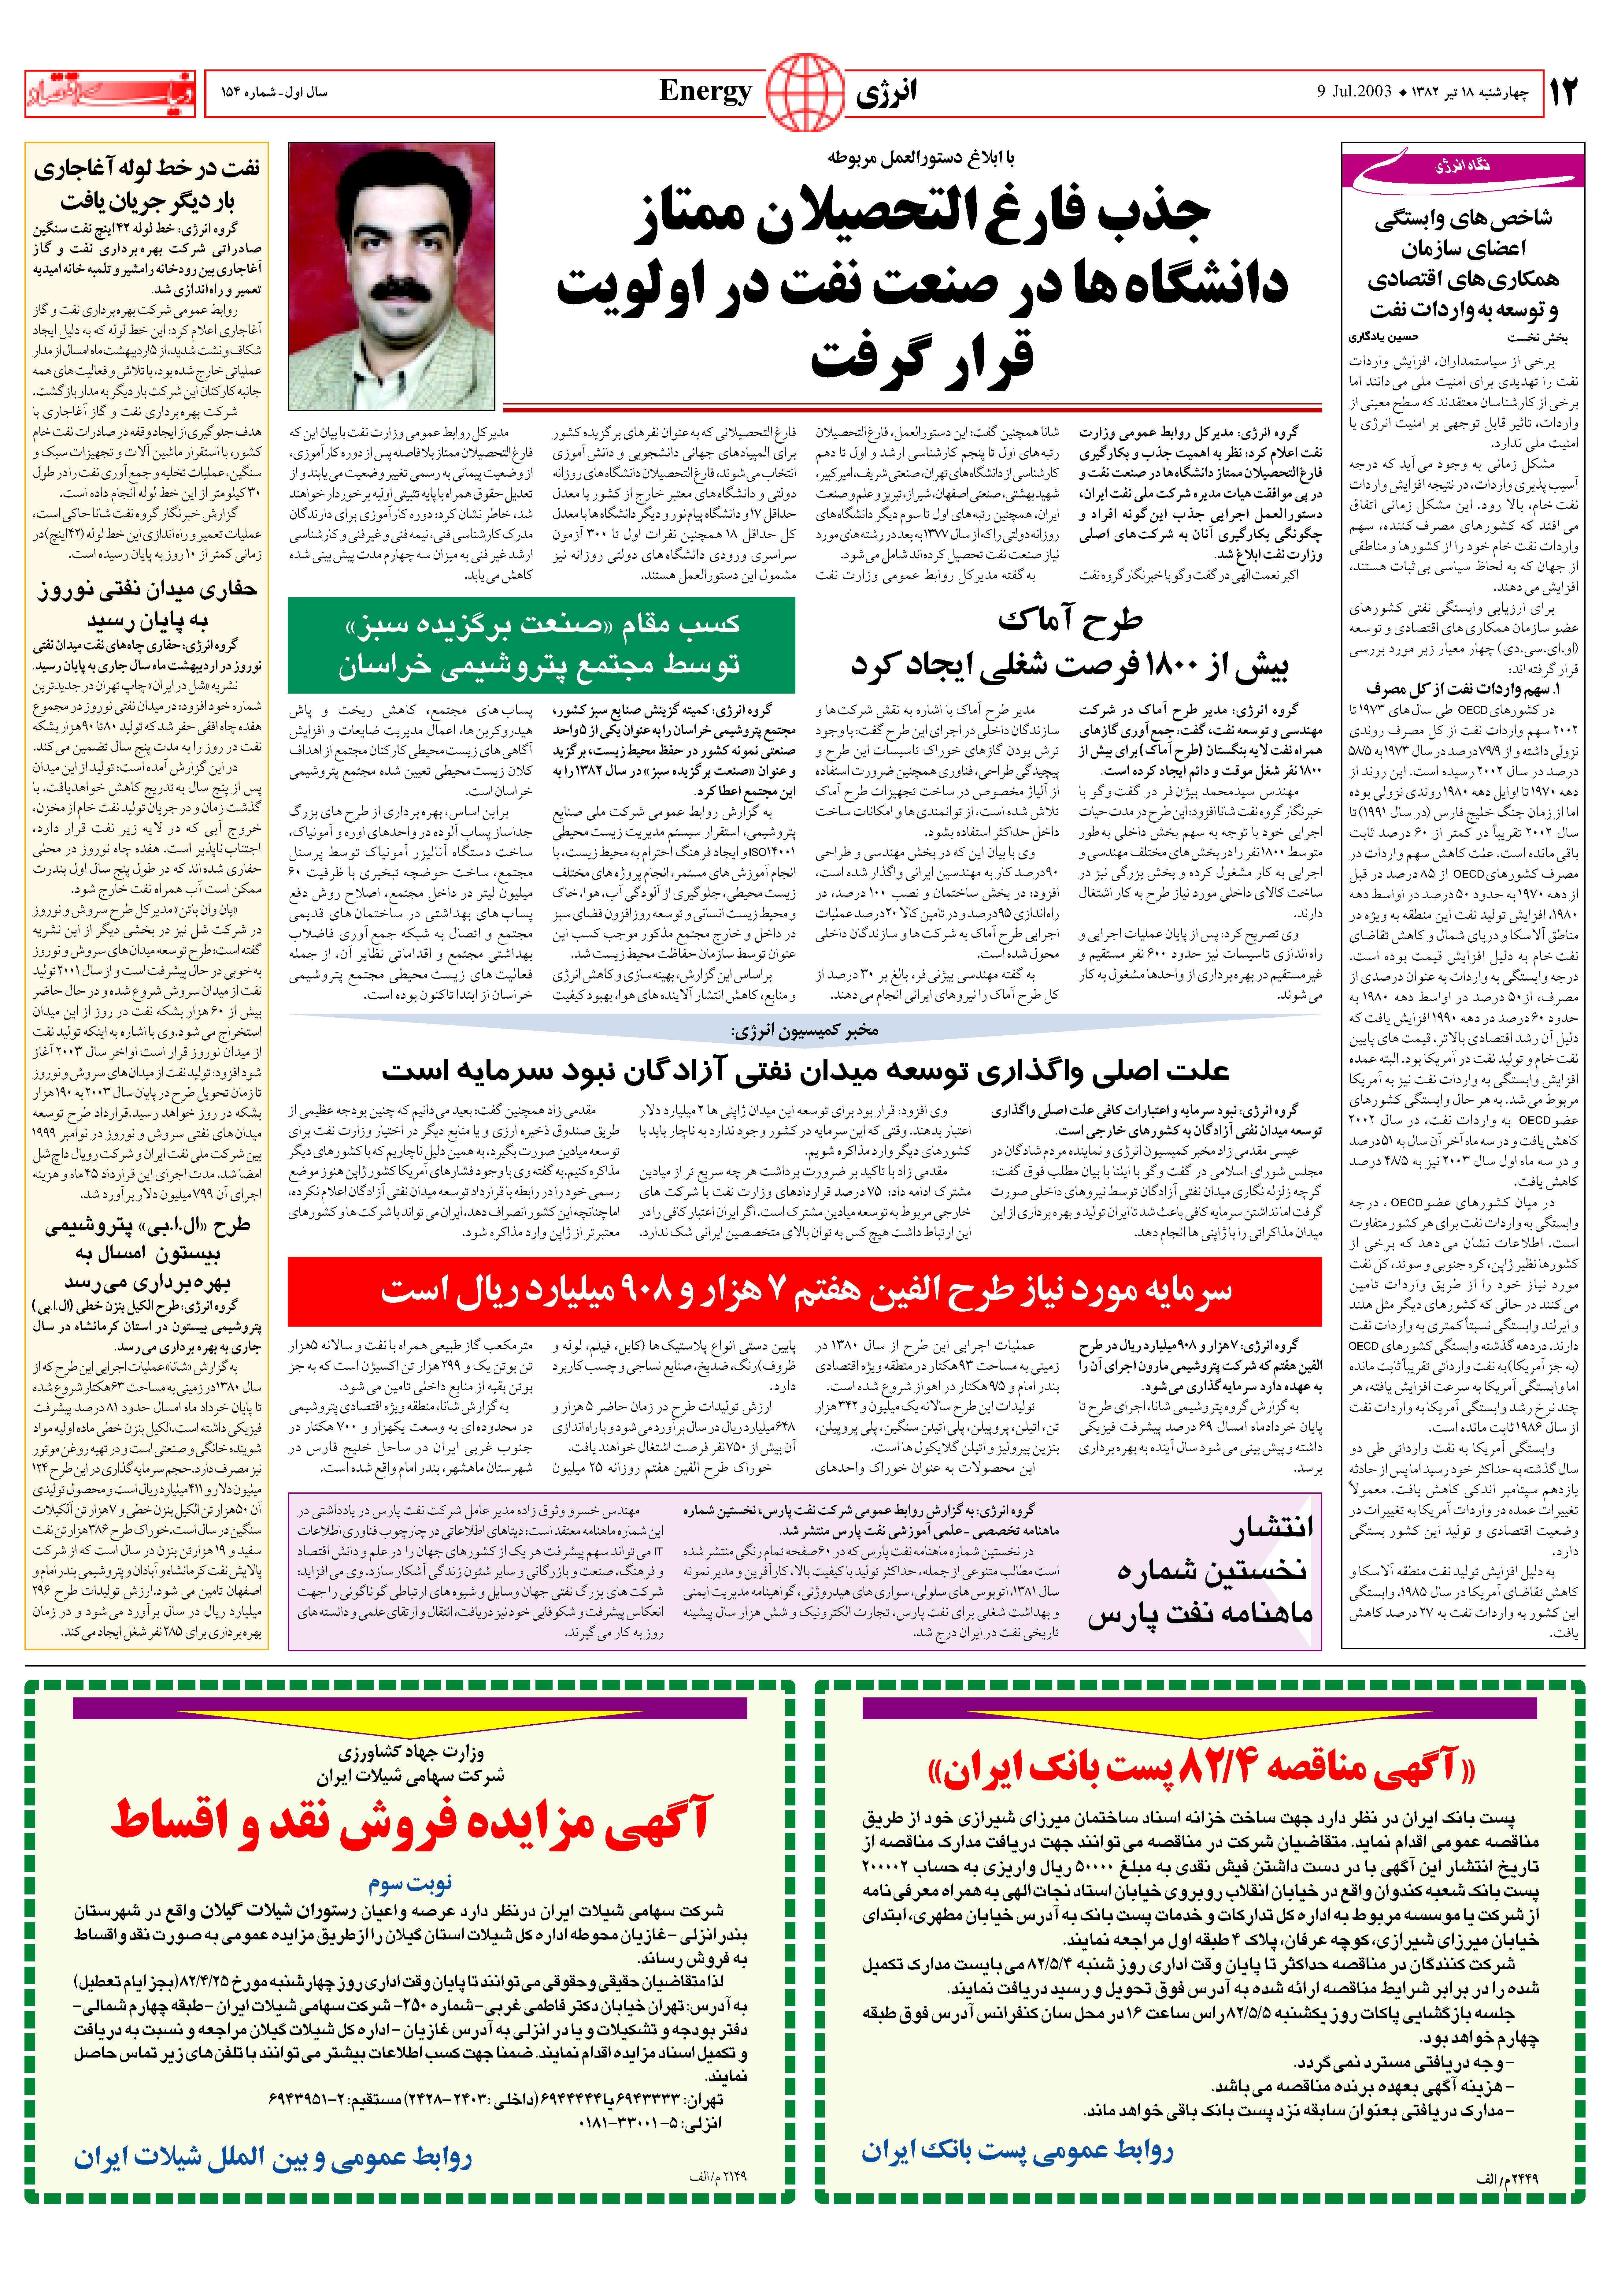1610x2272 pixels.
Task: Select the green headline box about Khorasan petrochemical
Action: pos(541,645)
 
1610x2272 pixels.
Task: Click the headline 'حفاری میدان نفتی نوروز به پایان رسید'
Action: pos(147,605)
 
